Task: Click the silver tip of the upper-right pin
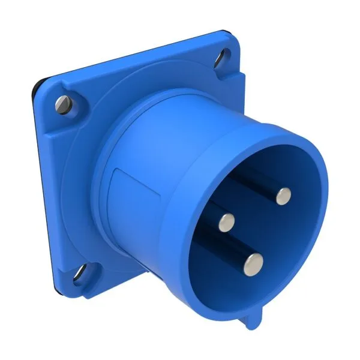pos(283,196)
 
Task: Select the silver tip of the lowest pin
pos(255,262)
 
